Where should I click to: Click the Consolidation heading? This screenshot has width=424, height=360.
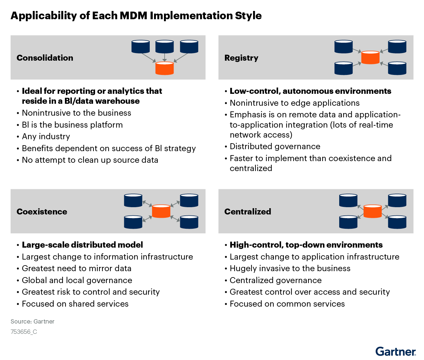click(45, 58)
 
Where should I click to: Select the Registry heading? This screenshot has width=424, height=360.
click(241, 58)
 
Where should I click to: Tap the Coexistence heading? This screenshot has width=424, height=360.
click(42, 211)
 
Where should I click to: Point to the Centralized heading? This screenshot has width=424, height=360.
click(247, 211)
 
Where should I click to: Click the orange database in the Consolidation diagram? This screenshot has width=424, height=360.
click(165, 68)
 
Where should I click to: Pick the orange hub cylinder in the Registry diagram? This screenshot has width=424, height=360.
click(370, 57)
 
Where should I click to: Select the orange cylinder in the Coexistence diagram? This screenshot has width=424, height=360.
click(161, 211)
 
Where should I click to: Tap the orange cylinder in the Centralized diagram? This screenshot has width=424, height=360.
click(373, 211)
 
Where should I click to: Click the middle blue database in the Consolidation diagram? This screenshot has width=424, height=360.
click(165, 47)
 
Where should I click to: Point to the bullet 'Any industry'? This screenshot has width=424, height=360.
click(46, 137)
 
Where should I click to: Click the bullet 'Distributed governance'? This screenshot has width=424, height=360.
click(275, 147)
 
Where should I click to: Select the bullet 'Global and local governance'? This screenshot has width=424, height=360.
click(77, 280)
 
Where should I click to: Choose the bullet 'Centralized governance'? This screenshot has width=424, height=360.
click(276, 280)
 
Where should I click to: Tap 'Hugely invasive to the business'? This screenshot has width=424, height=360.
click(290, 269)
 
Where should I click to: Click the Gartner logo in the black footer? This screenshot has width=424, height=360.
click(396, 352)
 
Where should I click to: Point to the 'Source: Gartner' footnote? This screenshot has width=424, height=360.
click(32, 322)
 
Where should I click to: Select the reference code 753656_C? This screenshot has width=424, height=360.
click(24, 332)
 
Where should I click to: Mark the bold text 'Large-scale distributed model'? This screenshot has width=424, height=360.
click(82, 245)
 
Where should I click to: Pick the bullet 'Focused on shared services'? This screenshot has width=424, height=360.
click(75, 304)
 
